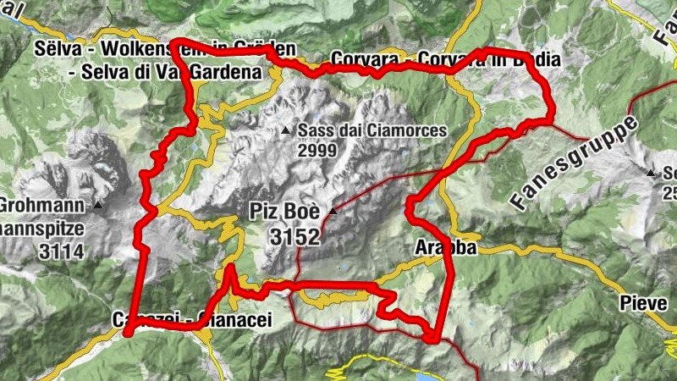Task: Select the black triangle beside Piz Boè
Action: pos(333,211)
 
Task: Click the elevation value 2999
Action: pos(316,151)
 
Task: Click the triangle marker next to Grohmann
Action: pos(99,205)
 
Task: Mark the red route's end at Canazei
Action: pos(128,333)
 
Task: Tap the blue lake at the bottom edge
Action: pos(398,370)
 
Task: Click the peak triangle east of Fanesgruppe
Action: pos(650,174)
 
